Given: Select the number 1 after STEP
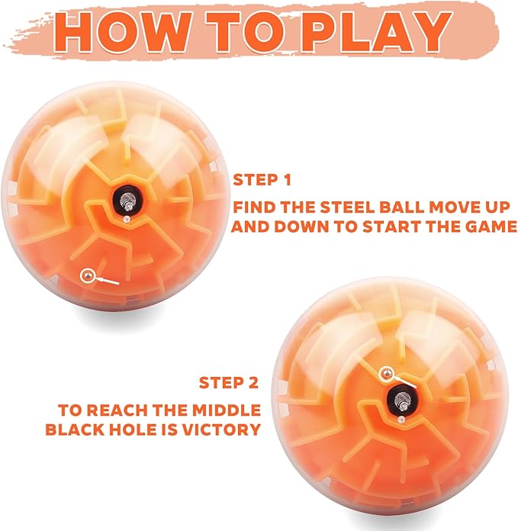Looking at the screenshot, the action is coord(287,180).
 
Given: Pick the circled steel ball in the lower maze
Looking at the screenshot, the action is coord(385,373).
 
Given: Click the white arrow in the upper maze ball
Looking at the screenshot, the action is coord(107,281).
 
